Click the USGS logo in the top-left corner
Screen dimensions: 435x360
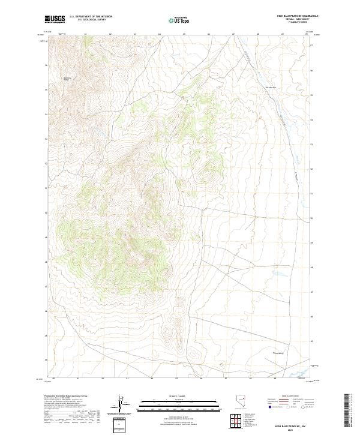point(55,19)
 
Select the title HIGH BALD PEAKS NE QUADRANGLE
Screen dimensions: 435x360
point(297,16)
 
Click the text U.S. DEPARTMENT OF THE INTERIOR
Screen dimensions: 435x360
point(91,16)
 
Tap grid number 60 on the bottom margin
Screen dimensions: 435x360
point(53,379)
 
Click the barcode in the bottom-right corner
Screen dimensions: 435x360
point(348,411)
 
